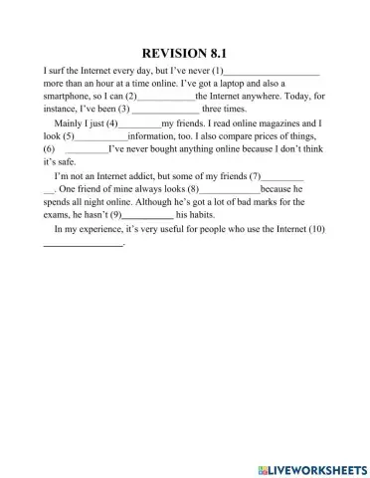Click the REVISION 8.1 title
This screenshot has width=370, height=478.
click(185, 54)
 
